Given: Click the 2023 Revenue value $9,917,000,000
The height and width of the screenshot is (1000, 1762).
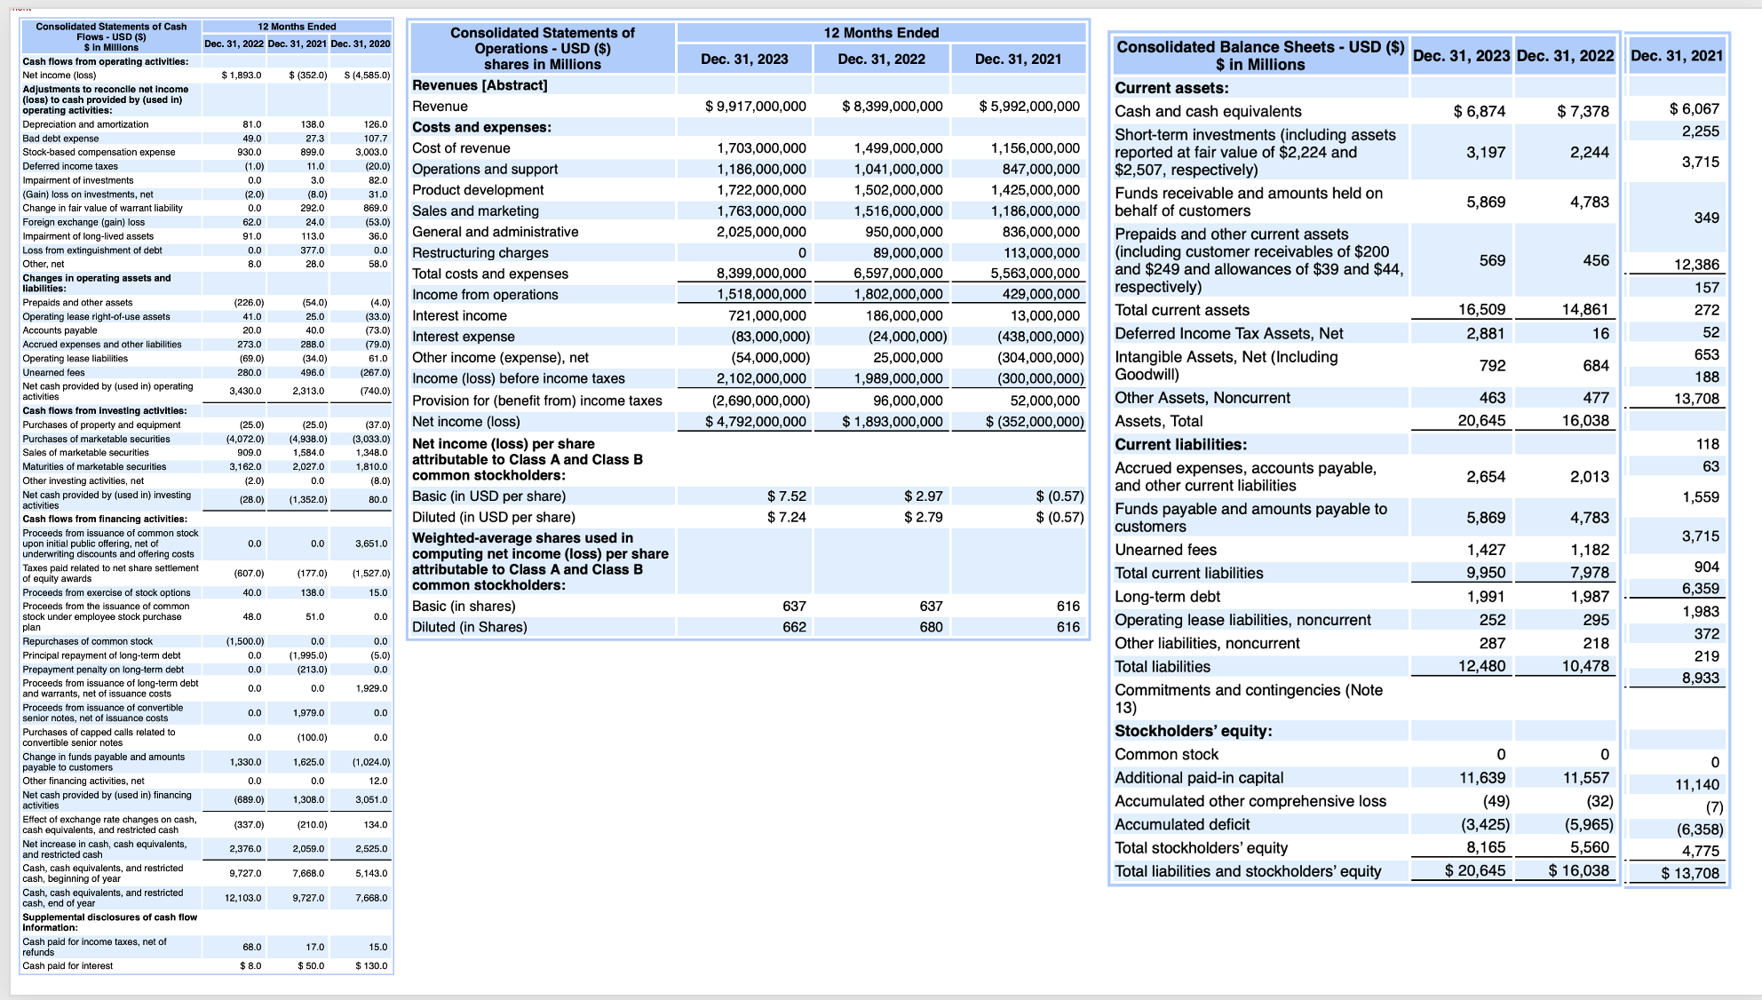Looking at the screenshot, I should pyautogui.click(x=756, y=107).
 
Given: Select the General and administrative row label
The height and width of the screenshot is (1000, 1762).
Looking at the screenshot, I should pyautogui.click(x=495, y=232).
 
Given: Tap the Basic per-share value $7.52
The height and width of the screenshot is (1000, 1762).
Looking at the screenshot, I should pyautogui.click(x=786, y=496).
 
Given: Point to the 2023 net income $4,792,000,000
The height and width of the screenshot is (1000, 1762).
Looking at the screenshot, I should pyautogui.click(x=756, y=422).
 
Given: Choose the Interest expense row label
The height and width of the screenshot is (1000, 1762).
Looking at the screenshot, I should pyautogui.click(x=463, y=337).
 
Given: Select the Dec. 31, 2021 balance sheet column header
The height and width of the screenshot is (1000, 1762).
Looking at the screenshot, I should pyautogui.click(x=1676, y=56).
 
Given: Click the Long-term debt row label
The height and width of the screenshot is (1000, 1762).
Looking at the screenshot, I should pyautogui.click(x=1167, y=597).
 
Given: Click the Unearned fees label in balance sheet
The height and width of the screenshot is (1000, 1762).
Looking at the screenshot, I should pyautogui.click(x=1165, y=550).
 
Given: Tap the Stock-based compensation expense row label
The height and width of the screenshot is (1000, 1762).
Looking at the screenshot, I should pyautogui.click(x=99, y=152).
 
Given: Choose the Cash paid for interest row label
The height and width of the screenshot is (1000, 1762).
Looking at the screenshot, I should pyautogui.click(x=67, y=965).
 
